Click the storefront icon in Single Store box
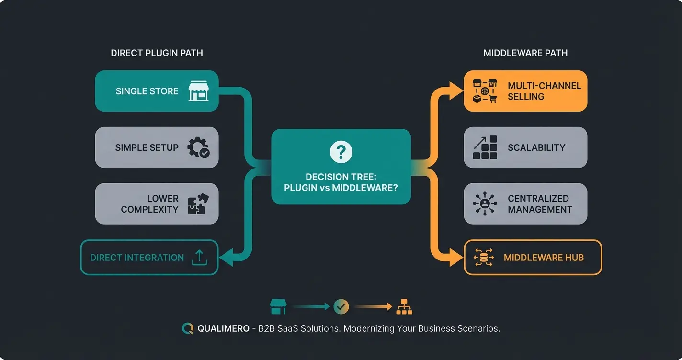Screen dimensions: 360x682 click(x=198, y=91)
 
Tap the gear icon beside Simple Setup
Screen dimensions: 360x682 click(x=198, y=147)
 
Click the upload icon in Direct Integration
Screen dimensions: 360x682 click(x=199, y=258)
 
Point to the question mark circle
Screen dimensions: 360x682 click(x=341, y=152)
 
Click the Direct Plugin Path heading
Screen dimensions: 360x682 click(x=157, y=53)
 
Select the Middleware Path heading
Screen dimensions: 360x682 click(x=525, y=53)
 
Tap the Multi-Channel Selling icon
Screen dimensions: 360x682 click(x=485, y=91)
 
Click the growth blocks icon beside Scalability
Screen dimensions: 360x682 click(x=485, y=147)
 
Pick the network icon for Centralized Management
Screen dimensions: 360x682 click(x=485, y=203)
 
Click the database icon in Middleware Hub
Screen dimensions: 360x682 click(x=483, y=258)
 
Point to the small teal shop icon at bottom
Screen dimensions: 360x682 click(x=278, y=307)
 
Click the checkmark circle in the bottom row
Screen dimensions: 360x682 click(x=341, y=307)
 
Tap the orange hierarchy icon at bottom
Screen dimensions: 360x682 click(x=404, y=307)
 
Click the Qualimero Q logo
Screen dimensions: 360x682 click(x=187, y=329)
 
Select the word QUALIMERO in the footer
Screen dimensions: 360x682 click(x=223, y=329)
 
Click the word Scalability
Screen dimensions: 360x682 click(x=536, y=147)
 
